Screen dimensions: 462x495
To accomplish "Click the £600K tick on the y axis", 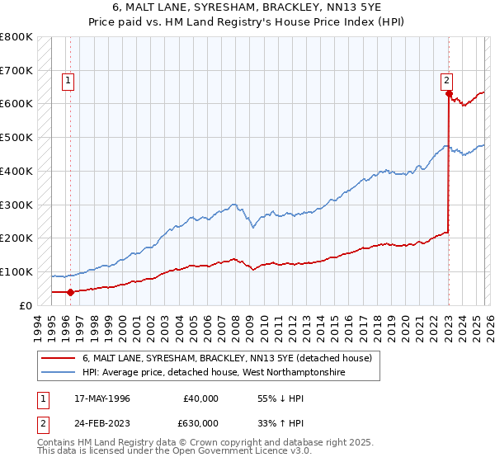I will pos(16,104).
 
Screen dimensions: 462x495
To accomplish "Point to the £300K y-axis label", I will pos(16,205).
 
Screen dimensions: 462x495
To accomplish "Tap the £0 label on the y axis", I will pos(26,305).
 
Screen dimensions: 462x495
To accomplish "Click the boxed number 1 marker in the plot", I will pos(67,81).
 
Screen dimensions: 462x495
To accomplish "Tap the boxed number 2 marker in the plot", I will pos(446,81).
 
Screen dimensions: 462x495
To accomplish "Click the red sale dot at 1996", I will pos(71,291).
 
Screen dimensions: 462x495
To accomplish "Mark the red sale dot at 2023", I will pos(449,94).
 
